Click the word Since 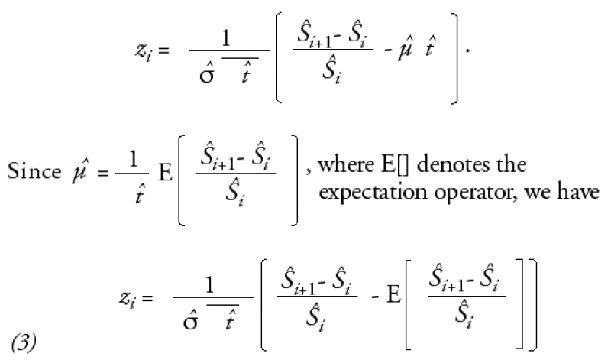click(34, 171)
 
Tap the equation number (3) click(24, 342)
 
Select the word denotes click(454, 164)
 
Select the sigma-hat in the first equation click(206, 71)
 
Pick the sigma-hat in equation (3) click(190, 318)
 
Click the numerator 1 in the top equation click(225, 39)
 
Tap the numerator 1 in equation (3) click(209, 285)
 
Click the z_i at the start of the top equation click(144, 51)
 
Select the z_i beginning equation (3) click(128, 299)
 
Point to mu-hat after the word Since click(79, 171)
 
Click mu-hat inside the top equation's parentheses click(406, 47)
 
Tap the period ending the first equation click(468, 51)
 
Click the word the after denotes click(511, 164)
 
